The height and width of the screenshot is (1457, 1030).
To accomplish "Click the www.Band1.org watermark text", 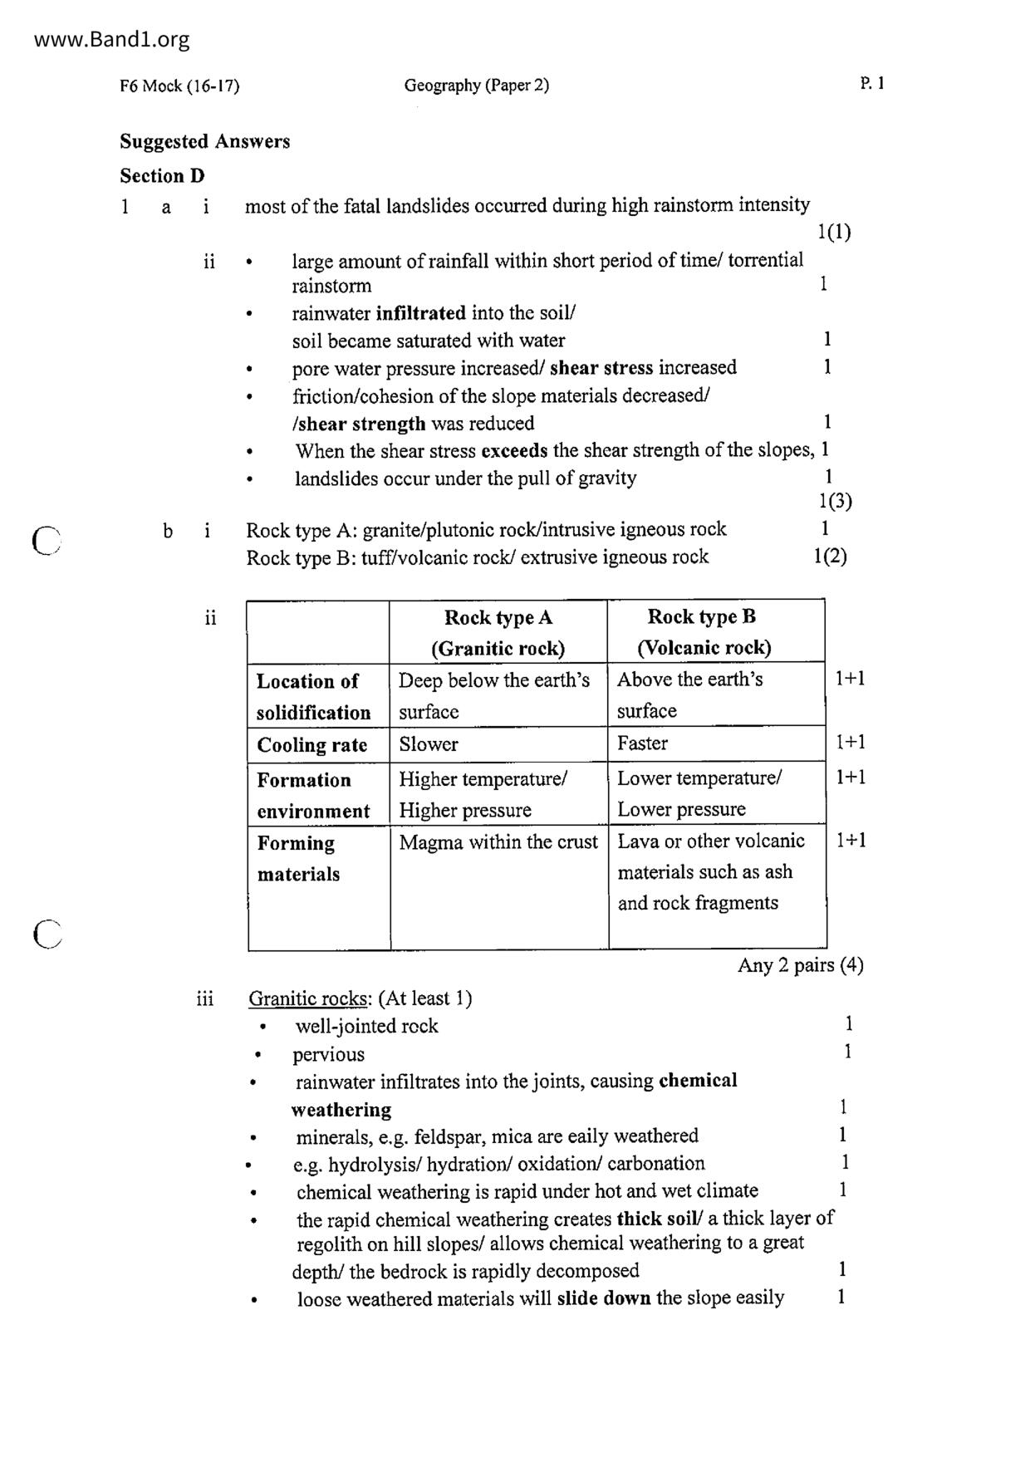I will point(112,39).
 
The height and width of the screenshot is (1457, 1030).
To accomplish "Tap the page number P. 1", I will point(872,83).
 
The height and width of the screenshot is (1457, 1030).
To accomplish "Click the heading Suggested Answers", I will point(204,141).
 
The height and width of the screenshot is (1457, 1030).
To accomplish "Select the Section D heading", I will point(162,175).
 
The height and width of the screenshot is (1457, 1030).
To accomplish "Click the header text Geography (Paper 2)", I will point(476,85).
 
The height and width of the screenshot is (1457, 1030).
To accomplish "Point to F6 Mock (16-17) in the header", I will point(179,86).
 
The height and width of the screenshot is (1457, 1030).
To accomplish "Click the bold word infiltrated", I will point(420,313).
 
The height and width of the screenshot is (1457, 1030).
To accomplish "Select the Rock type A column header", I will point(498,617).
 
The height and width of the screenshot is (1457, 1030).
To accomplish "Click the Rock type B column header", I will point(702,616).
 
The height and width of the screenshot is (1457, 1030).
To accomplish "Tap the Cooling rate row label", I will point(311,745).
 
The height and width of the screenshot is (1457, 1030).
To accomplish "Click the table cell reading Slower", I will point(428,744).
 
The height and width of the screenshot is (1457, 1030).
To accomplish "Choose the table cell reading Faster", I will point(642,743).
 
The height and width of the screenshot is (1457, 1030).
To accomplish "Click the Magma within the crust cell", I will point(498,842).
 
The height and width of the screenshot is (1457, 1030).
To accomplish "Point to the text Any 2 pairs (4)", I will point(800,965).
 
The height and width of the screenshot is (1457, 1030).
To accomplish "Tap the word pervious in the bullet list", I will point(328,1054).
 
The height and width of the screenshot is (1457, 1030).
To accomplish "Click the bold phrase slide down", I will point(603,1298).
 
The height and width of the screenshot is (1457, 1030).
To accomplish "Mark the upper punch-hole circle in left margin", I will point(47,540).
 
